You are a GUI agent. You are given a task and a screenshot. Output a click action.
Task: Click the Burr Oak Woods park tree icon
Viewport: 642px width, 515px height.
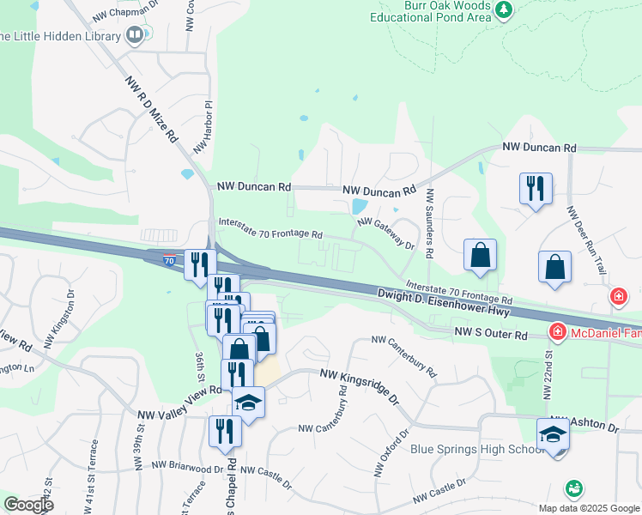click(x=503, y=10)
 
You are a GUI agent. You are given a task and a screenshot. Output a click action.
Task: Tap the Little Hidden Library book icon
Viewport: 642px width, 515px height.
click(x=134, y=35)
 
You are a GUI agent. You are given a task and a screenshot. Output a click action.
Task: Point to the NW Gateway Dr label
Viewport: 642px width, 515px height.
click(x=386, y=233)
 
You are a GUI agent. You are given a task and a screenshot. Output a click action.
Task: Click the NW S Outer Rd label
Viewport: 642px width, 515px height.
click(x=490, y=332)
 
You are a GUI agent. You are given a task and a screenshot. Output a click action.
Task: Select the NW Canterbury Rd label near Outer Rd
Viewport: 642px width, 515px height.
click(x=404, y=357)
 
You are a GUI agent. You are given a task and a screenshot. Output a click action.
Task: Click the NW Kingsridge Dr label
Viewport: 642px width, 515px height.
click(x=360, y=386)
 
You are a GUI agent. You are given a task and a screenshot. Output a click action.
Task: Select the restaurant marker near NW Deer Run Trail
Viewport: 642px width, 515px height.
click(x=536, y=188)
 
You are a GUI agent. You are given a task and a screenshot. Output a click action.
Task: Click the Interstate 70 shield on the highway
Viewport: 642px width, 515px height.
click(x=170, y=258)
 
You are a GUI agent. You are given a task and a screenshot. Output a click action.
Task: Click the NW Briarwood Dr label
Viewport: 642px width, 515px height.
click(x=187, y=468)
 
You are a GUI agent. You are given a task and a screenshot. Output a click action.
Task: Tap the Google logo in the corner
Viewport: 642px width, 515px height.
click(x=27, y=505)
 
